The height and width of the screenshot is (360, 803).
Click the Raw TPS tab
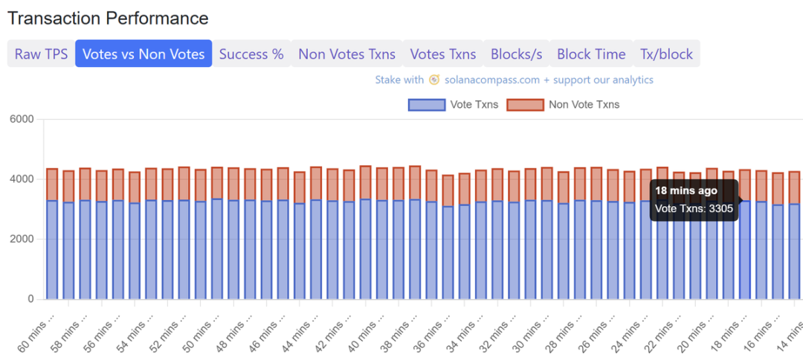pyautogui.click(x=41, y=54)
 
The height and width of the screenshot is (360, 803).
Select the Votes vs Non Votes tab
pyautogui.click(x=143, y=54)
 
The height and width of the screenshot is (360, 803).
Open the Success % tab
pyautogui.click(x=251, y=54)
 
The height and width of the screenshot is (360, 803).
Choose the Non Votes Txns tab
pyautogui.click(x=346, y=54)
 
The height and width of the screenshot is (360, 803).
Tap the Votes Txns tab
pyautogui.click(x=443, y=54)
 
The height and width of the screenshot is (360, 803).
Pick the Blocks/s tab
pyautogui.click(x=517, y=54)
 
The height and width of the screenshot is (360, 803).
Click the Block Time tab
pyautogui.click(x=591, y=54)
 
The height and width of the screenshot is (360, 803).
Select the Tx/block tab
pyautogui.click(x=666, y=54)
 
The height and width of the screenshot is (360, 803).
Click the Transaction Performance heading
pyautogui.click(x=109, y=18)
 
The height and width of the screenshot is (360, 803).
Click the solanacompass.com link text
pyautogui.click(x=492, y=80)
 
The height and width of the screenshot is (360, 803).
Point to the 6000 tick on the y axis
pyautogui.click(x=22, y=119)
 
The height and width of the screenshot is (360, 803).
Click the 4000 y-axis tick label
pyautogui.click(x=22, y=179)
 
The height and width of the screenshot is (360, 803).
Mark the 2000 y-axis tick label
pyautogui.click(x=22, y=240)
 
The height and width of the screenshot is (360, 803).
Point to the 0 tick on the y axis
pyautogui.click(x=30, y=299)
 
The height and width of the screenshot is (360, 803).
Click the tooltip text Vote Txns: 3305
pyautogui.click(x=694, y=208)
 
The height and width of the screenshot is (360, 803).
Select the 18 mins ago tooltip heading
pyautogui.click(x=686, y=190)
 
